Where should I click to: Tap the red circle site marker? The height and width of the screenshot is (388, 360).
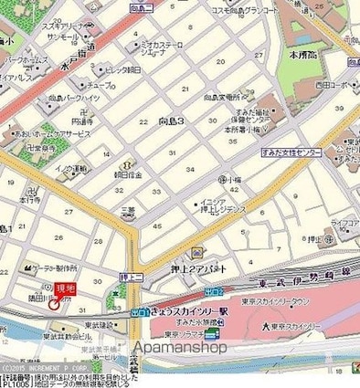tap(53, 304)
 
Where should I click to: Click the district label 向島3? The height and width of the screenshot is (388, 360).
tap(172, 120)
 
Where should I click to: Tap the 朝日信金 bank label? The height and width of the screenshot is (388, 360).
tap(126, 173)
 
